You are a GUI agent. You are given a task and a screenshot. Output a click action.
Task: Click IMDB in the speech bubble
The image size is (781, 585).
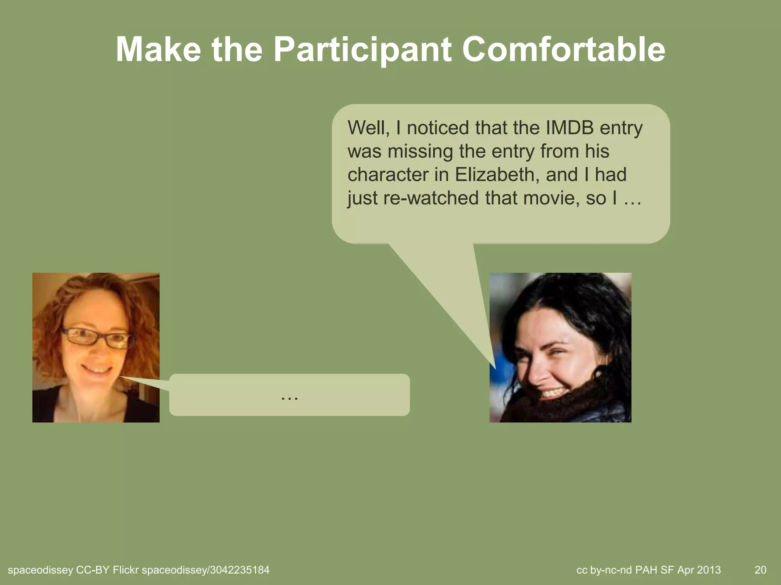[569, 128]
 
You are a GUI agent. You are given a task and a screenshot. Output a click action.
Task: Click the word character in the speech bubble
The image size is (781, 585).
[387, 175]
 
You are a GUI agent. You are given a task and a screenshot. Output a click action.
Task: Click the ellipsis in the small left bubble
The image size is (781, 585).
[289, 397]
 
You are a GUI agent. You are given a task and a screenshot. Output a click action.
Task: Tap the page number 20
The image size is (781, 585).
[760, 570]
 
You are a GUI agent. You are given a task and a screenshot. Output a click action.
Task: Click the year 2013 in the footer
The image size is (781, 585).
[709, 570]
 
